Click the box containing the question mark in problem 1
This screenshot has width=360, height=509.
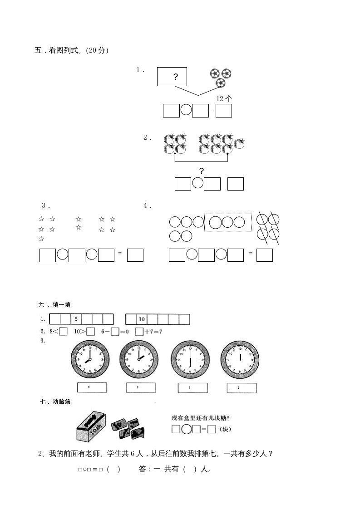click(x=172, y=77)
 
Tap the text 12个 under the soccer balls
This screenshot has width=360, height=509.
click(x=224, y=98)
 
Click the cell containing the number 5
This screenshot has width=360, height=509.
click(x=76, y=319)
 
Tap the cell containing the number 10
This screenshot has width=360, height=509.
click(x=141, y=319)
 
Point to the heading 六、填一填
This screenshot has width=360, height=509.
click(x=54, y=305)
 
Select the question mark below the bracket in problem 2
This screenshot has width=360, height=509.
click(x=202, y=171)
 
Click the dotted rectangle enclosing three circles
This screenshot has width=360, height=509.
click(x=228, y=222)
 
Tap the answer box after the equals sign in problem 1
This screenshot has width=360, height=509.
click(x=224, y=111)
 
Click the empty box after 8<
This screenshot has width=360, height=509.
click(x=63, y=332)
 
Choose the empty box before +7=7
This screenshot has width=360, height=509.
click(x=139, y=332)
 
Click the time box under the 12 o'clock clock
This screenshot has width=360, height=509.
click(x=242, y=388)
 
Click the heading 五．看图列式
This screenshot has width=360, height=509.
click(x=71, y=51)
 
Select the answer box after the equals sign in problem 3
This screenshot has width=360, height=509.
click(x=135, y=255)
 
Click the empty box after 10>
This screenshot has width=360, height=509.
click(x=90, y=332)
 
